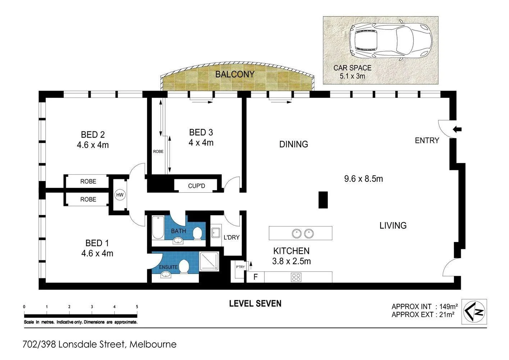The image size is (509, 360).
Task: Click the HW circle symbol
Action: pyautogui.click(x=120, y=195)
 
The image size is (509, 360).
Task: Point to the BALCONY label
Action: pyautogui.click(x=235, y=75)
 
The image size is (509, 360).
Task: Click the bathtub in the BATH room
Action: pyautogui.click(x=158, y=228)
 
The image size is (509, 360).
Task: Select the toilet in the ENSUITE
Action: pyautogui.click(x=184, y=267)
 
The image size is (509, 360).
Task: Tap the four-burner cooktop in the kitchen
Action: pyautogui.click(x=296, y=277)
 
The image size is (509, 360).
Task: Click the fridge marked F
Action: pyautogui.click(x=255, y=277)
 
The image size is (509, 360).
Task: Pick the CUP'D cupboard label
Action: pyautogui.click(x=196, y=186)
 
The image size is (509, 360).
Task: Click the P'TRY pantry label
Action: pyautogui.click(x=240, y=267)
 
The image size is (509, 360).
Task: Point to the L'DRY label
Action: pyautogui.click(x=231, y=238)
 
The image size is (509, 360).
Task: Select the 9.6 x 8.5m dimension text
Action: pyautogui.click(x=363, y=179)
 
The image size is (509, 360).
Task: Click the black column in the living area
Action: pyautogui.click(x=323, y=200)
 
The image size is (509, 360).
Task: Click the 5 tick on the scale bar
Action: pyautogui.click(x=137, y=307)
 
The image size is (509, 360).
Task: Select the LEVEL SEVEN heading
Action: pyautogui.click(x=255, y=303)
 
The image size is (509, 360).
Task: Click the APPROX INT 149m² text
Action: pyautogui.click(x=424, y=307)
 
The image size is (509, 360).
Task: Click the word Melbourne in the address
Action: pyautogui.click(x=153, y=345)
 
